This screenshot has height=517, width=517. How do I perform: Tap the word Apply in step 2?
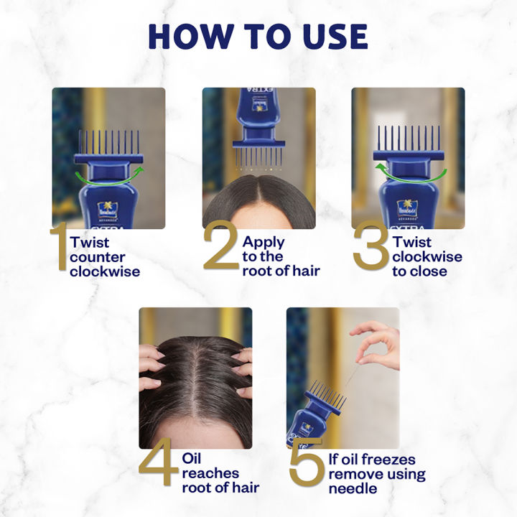click(264, 242)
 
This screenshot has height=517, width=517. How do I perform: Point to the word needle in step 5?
click(353, 489)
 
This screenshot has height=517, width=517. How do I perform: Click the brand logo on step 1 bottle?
click(108, 210)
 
